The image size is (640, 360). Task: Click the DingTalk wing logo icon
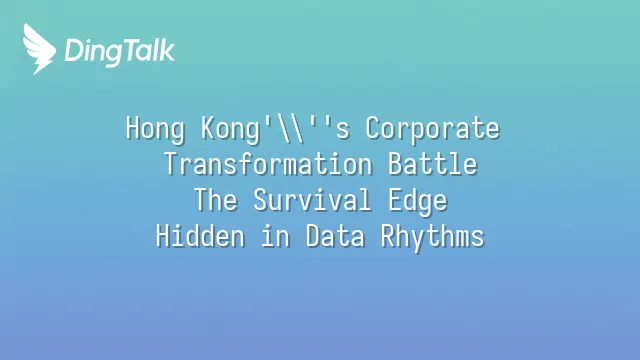(39, 49)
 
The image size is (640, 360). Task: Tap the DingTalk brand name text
(120, 52)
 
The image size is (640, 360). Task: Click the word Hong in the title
(155, 129)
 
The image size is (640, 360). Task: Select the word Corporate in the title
(432, 128)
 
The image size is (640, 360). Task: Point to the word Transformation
(268, 164)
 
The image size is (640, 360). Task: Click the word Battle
(432, 164)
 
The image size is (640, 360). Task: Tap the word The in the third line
(216, 200)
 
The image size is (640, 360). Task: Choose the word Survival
(312, 200)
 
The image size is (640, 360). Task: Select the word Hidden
(200, 236)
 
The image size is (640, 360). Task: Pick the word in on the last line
(276, 236)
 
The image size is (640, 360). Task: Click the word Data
(335, 236)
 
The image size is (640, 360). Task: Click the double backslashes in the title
(290, 129)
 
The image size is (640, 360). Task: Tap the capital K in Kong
(208, 128)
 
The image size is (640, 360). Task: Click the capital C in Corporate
(372, 128)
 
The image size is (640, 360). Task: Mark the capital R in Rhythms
(387, 236)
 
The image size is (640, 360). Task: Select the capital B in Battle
(395, 164)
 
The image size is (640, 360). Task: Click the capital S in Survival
(260, 200)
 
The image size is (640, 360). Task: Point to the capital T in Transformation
(171, 164)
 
